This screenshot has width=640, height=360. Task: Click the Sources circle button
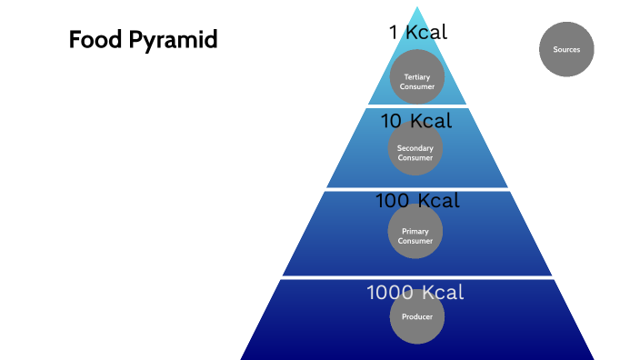coord(566,49)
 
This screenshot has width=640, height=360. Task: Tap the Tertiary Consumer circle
coord(417,76)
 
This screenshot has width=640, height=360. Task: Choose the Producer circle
coord(417,316)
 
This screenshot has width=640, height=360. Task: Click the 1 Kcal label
coord(418,33)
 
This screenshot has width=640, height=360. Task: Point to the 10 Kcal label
coord(415,120)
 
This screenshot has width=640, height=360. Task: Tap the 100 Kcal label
coord(417,200)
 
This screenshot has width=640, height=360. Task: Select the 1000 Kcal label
coord(415,293)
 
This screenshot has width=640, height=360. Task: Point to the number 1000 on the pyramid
coord(391,293)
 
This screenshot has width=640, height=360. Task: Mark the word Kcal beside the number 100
coord(439,200)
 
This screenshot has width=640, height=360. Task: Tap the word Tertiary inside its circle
coord(417,76)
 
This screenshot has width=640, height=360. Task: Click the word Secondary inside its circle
coord(415,148)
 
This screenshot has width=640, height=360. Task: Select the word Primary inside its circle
coord(415,231)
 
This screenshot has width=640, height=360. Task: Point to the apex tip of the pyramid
coord(417,8)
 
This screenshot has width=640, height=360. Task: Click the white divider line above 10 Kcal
coord(417,105)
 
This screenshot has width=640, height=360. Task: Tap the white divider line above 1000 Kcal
coord(417,277)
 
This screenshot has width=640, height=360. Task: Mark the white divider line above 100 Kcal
coord(417,189)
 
